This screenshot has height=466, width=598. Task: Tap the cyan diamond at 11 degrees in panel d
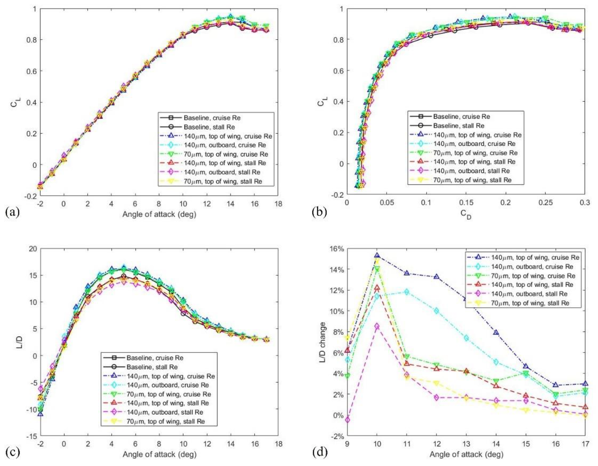(x=407, y=292)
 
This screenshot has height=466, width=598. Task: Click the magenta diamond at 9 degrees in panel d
(x=347, y=420)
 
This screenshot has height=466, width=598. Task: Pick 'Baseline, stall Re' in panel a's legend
(x=209, y=127)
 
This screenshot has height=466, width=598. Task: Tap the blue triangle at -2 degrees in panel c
(x=40, y=414)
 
